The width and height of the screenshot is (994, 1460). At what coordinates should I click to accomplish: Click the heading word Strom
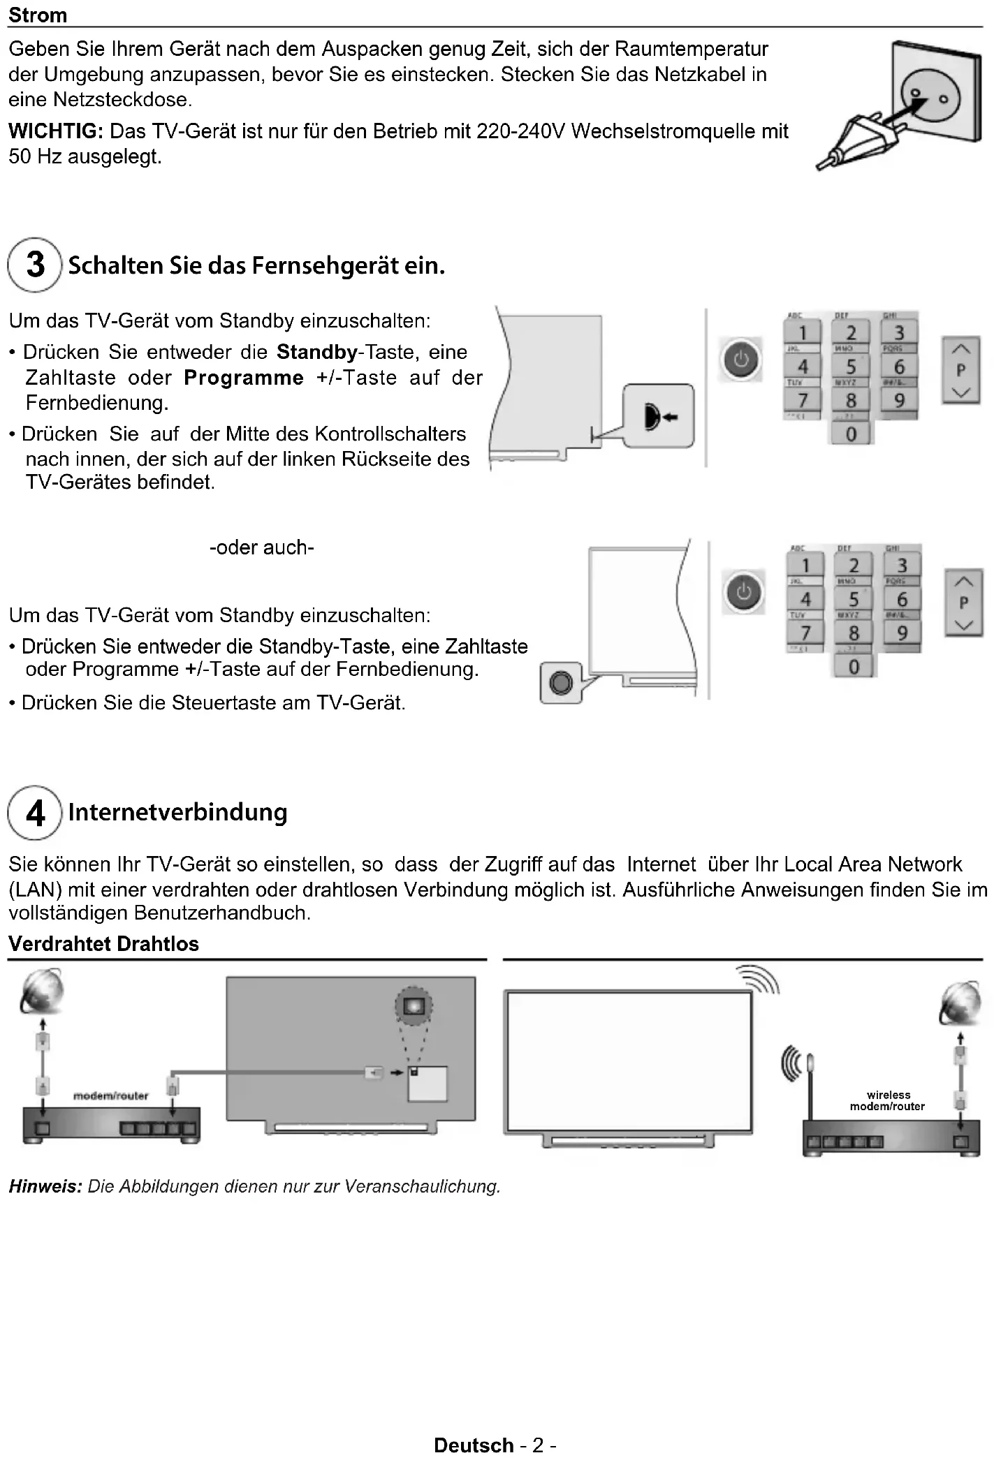tap(38, 15)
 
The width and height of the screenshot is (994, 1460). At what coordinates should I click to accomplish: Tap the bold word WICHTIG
tap(55, 131)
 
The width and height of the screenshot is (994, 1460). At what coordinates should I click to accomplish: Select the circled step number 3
tap(35, 265)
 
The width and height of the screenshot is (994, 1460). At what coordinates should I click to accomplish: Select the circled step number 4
tap(35, 813)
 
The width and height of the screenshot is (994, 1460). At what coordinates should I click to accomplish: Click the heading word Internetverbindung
tap(177, 813)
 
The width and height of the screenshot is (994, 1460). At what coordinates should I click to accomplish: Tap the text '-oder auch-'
tap(262, 547)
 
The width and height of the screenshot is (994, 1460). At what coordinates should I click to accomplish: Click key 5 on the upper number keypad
tap(851, 367)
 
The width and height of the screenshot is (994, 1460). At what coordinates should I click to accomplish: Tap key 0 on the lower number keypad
tap(854, 667)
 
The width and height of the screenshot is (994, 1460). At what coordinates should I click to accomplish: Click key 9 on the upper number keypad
tap(899, 400)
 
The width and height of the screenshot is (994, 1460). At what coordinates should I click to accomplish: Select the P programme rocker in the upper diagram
tap(961, 370)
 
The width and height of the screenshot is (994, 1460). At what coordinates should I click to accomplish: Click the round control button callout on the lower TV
tap(561, 682)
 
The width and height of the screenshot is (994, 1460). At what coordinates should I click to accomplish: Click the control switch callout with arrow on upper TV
tap(658, 416)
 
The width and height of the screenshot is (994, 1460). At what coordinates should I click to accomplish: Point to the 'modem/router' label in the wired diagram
tap(111, 1096)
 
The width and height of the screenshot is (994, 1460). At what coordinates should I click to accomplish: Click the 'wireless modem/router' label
tap(888, 1100)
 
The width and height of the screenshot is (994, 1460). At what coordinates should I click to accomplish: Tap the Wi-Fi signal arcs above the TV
tap(759, 978)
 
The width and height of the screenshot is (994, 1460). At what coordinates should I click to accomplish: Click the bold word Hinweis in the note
tap(45, 1186)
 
